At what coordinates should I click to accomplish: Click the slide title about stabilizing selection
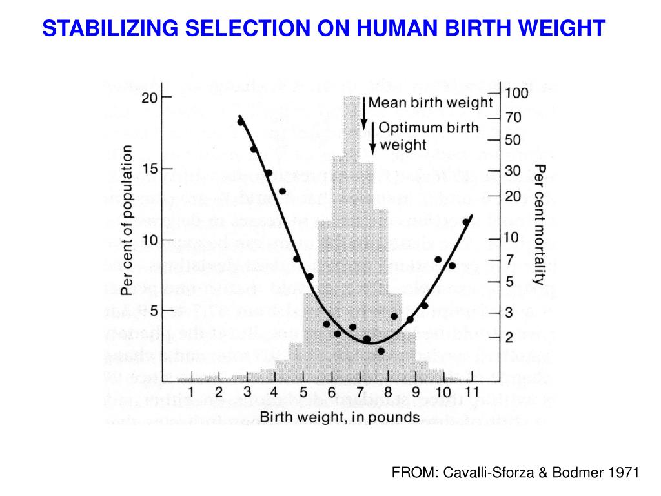tap(324, 28)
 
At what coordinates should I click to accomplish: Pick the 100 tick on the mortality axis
tap(496, 94)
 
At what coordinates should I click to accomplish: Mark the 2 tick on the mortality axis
tap(496, 337)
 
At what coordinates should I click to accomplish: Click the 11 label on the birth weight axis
tap(471, 392)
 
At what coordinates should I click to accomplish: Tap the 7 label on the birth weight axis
tap(359, 392)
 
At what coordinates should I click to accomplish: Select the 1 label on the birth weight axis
tap(192, 392)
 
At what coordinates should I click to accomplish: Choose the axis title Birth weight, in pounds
tap(340, 417)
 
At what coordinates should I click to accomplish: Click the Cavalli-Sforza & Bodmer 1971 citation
tap(514, 473)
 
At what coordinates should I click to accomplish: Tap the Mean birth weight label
tap(430, 103)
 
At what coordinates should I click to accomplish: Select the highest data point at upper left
tap(240, 121)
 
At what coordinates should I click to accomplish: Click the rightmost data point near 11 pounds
tap(466, 222)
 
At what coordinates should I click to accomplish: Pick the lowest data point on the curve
tap(381, 351)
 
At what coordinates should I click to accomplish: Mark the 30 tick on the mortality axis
tap(496, 171)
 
